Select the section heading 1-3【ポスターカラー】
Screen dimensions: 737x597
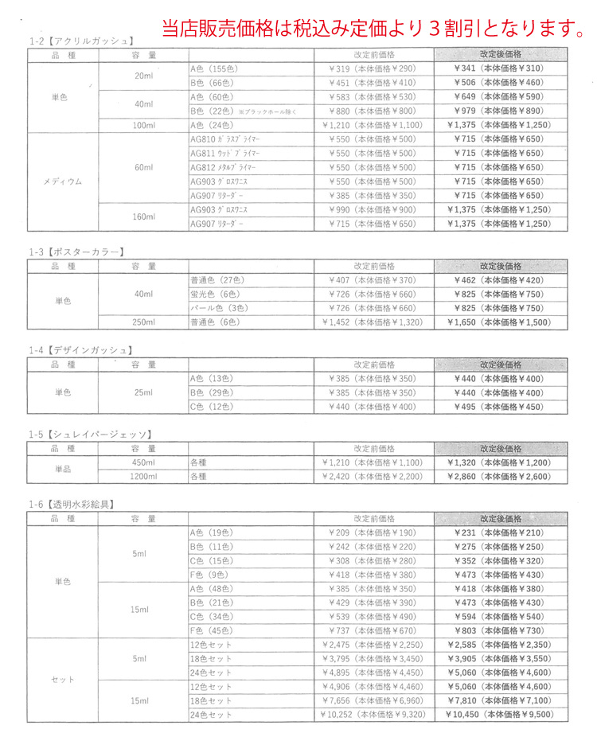click(76, 252)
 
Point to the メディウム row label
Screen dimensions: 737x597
click(63, 181)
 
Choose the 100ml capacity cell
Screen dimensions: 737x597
click(144, 125)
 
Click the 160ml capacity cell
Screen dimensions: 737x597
click(144, 217)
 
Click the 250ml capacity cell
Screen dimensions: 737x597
click(144, 323)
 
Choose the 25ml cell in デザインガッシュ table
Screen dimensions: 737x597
click(144, 393)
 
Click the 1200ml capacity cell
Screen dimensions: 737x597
click(144, 477)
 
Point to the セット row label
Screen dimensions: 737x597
click(63, 680)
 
